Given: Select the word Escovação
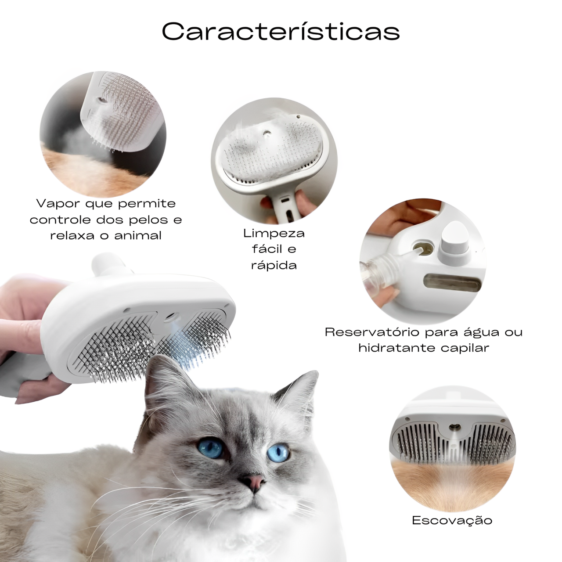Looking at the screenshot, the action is pyautogui.click(x=452, y=520).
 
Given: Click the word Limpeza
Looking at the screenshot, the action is pyautogui.click(x=274, y=233).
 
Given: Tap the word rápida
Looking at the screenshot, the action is pyautogui.click(x=274, y=265).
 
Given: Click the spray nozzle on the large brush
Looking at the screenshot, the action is pyautogui.click(x=172, y=316).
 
